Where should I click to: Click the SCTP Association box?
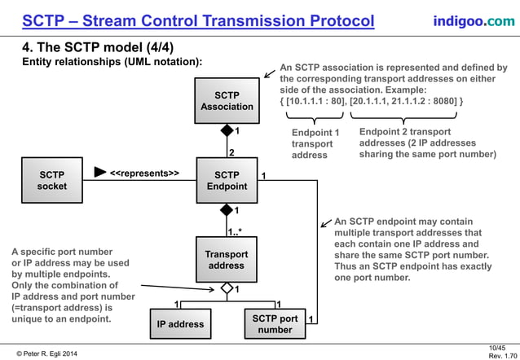tap(227, 100)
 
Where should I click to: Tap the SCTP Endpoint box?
tap(227, 180)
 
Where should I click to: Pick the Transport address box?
tap(227, 260)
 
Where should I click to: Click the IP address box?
tap(180, 323)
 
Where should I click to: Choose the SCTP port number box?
tap(274, 323)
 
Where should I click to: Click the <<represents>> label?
tap(144, 173)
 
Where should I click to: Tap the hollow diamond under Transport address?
tap(227, 289)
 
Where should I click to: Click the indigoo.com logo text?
tap(474, 20)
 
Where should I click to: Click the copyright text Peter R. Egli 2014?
tap(61, 351)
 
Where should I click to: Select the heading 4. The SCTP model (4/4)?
tap(99, 46)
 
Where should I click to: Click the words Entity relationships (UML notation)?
tap(112, 61)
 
